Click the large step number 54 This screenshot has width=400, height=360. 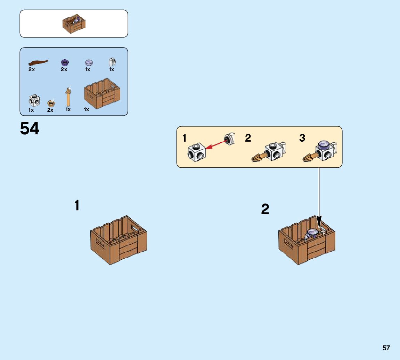[x=30, y=128]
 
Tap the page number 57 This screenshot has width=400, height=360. [x=386, y=348]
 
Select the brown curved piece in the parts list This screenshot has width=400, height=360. [x=38, y=62]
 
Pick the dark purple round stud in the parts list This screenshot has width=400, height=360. [x=64, y=62]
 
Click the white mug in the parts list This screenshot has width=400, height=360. [x=112, y=62]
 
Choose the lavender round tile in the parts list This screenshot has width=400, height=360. [x=89, y=62]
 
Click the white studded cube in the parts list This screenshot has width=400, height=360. [x=34, y=101]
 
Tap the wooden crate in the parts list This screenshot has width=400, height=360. [x=102, y=93]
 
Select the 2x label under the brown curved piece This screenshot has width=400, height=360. [x=32, y=69]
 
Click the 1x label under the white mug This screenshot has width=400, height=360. [x=112, y=69]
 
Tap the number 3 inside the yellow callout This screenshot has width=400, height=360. [x=302, y=138]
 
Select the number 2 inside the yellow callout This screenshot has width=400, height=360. [x=248, y=138]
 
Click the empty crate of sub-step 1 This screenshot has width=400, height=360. [x=119, y=240]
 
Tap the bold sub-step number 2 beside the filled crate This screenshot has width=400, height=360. [x=265, y=209]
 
